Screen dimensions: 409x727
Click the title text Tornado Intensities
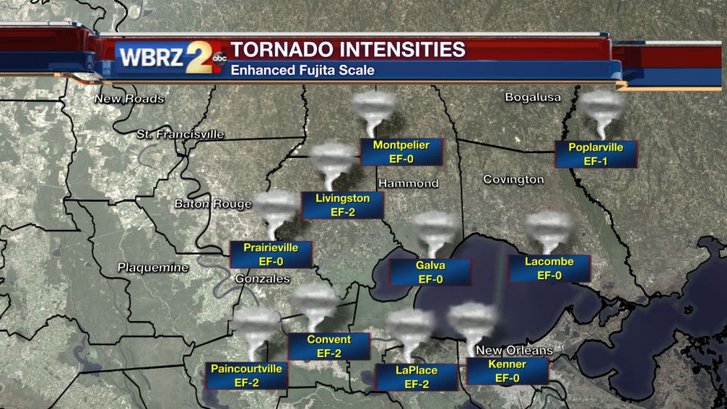(348, 49)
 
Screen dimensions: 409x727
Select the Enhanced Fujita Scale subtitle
(302, 71)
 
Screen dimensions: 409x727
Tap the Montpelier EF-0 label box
(401, 152)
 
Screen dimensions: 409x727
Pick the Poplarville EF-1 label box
(595, 154)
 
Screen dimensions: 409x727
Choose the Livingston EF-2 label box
(342, 205)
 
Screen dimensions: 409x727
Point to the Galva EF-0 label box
(430, 272)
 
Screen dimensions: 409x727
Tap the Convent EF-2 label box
(329, 346)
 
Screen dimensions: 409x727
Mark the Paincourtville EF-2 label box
(246, 376)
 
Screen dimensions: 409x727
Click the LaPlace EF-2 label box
(416, 377)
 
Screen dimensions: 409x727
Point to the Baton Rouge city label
(212, 204)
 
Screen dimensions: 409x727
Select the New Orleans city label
(514, 351)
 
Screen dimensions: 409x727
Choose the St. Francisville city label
(180, 135)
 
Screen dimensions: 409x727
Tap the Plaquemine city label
(153, 268)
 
